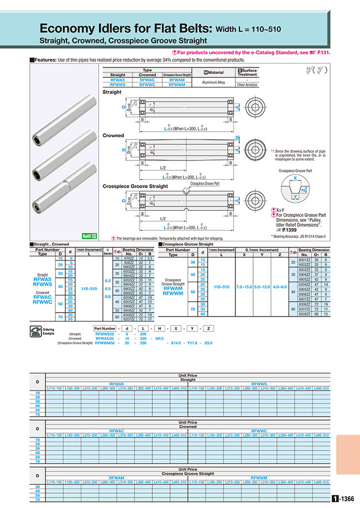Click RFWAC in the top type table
click(147, 80)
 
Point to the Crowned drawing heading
click(113, 135)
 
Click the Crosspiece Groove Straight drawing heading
click(135, 186)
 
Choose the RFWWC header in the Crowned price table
click(258, 430)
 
